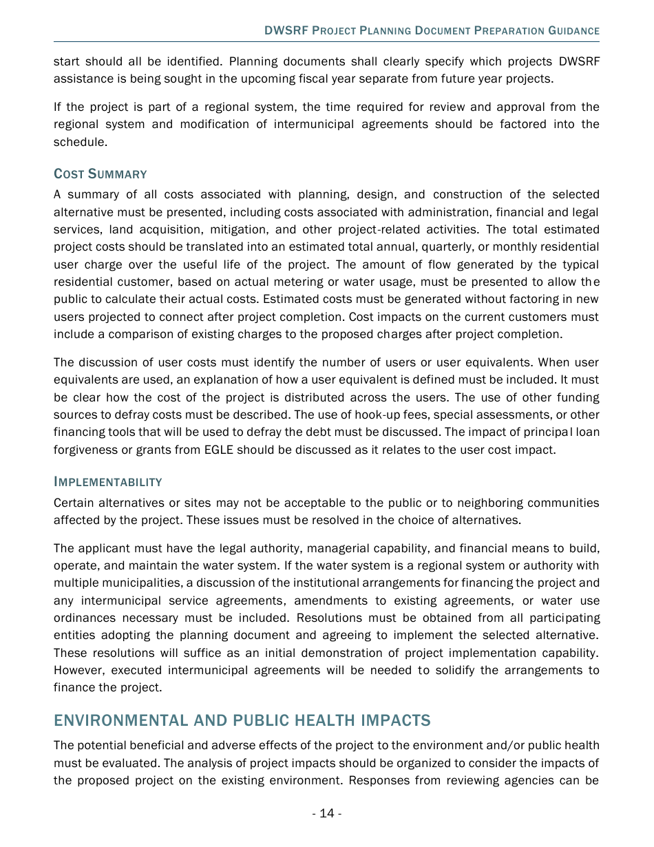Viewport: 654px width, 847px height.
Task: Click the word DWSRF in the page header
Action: (x=286, y=31)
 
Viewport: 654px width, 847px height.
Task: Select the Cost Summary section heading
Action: (x=101, y=174)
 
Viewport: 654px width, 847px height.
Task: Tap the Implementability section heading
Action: (x=108, y=482)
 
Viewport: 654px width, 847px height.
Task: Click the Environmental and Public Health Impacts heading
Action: (x=242, y=720)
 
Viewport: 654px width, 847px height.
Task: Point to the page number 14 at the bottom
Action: (x=326, y=813)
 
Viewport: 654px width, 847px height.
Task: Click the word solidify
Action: (x=456, y=670)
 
